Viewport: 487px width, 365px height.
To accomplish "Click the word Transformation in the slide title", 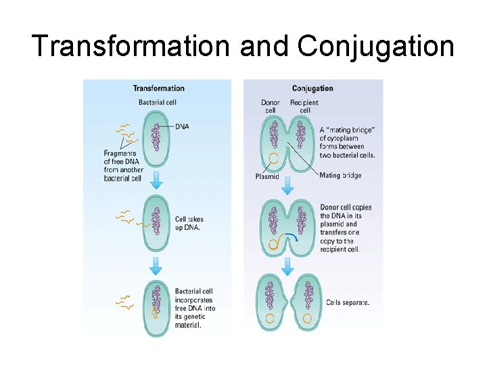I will tap(131, 47).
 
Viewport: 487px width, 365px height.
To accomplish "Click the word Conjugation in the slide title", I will tap(375, 47).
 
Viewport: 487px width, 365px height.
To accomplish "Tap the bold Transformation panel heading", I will tap(158, 89).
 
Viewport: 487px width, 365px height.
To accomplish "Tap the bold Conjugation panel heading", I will tap(312, 89).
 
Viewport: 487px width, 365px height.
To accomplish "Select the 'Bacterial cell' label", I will tap(158, 103).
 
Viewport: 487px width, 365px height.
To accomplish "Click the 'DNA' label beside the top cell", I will tap(182, 126).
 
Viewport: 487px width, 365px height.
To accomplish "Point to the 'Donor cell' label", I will tap(271, 106).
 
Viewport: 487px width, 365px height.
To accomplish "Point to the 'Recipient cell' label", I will tap(304, 106).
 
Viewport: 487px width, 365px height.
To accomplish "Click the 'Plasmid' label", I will tap(267, 176).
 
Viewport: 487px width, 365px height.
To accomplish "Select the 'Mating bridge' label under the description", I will tap(340, 176).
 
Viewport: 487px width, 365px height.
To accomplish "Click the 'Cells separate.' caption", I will tap(348, 302).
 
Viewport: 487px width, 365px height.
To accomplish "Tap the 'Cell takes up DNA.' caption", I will tap(189, 223).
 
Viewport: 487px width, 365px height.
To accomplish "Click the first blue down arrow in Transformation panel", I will tap(156, 180).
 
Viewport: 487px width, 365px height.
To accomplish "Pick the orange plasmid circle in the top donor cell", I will tap(274, 160).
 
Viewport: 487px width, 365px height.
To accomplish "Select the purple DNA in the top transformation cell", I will tap(156, 132).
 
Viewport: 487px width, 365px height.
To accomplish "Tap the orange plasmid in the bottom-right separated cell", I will tap(307, 317).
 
